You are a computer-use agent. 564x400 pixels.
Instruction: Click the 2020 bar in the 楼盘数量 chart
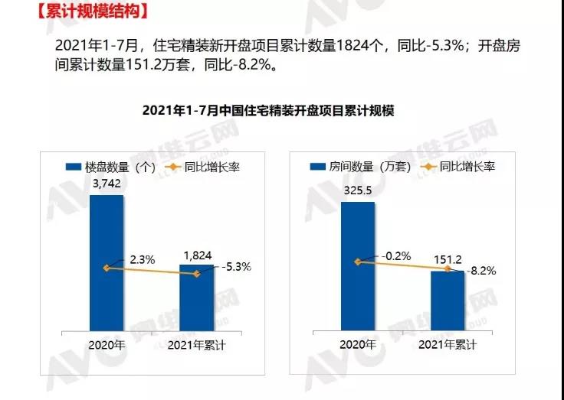click(x=107, y=264)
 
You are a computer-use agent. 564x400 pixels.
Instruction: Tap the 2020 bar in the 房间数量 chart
click(x=358, y=267)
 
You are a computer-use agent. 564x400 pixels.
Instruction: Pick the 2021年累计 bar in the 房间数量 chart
click(x=448, y=301)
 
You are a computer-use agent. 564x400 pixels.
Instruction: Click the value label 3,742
click(x=107, y=184)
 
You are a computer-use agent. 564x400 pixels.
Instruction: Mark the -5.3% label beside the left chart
click(x=236, y=267)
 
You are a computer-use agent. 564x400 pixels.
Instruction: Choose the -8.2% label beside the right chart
click(x=483, y=270)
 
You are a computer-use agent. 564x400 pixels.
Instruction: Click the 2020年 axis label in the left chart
click(x=107, y=345)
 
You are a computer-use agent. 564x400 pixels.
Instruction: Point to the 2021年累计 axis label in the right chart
click(x=448, y=345)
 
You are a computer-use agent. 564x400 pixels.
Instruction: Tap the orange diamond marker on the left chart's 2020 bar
click(x=107, y=268)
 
